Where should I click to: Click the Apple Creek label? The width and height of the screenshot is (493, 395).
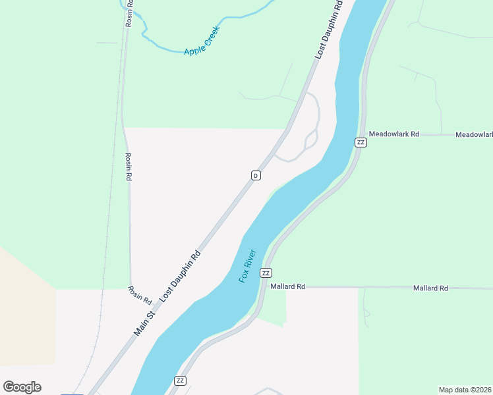pos(202,41)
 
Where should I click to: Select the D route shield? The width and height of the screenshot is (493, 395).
pos(256,175)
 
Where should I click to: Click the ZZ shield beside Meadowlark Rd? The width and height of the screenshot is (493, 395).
pos(361,142)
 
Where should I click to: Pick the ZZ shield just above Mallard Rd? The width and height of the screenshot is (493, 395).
pos(266,273)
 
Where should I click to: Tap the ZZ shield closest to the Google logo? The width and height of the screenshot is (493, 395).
pos(180,381)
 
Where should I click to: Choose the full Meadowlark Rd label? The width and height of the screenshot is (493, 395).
pos(393,134)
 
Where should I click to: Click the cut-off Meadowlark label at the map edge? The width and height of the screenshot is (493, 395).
pos(474,135)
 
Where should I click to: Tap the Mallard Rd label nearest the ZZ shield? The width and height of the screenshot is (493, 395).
pos(288,287)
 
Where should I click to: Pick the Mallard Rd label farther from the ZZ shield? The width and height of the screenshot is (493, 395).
pos(430,288)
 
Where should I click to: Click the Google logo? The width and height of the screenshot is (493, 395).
pos(22,387)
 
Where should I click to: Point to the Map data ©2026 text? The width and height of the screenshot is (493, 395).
pos(465,390)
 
